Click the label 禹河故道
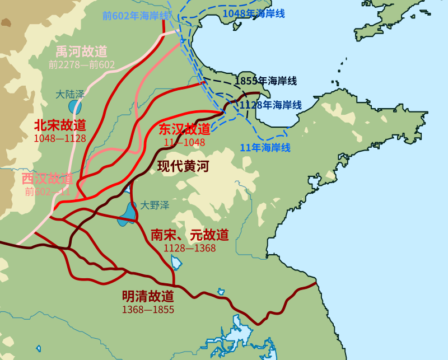pyautogui.click(x=81, y=52)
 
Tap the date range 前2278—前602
pyautogui.click(x=81, y=65)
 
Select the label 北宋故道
pyautogui.click(x=60, y=125)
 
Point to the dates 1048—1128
pyautogui.click(x=60, y=138)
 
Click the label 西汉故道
pyautogui.click(x=48, y=179)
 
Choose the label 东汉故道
pyautogui.click(x=185, y=129)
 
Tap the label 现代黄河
pyautogui.click(x=183, y=166)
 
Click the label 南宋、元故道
pyautogui.click(x=190, y=235)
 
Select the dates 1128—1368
pyautogui.click(x=190, y=248)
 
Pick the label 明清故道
pyautogui.click(x=148, y=297)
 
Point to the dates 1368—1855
pyautogui.click(x=148, y=310)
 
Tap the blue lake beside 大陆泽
pyautogui.click(x=75, y=106)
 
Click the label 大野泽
pyautogui.click(x=155, y=205)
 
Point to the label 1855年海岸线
pyautogui.click(x=265, y=81)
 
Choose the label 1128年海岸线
pyautogui.click(x=271, y=105)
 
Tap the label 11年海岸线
pyautogui.click(x=265, y=148)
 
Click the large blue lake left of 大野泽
pyautogui.click(x=129, y=213)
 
